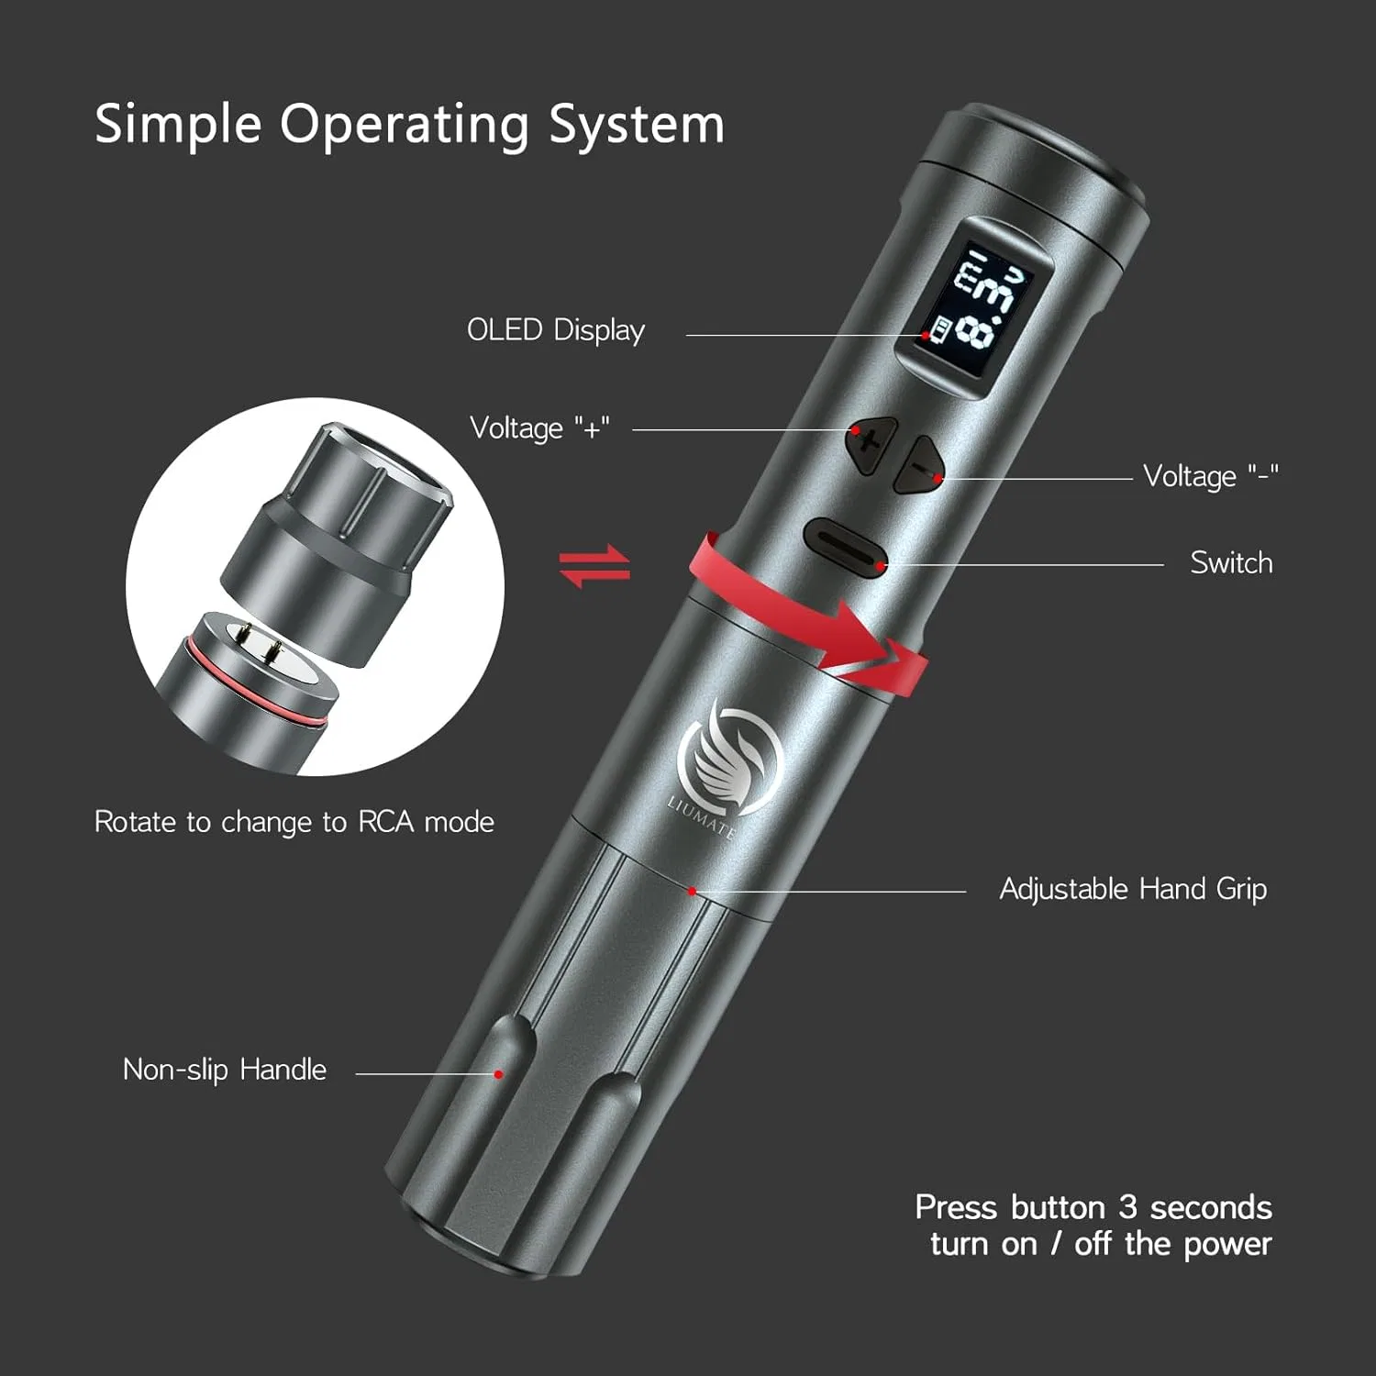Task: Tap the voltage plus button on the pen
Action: pyautogui.click(x=871, y=445)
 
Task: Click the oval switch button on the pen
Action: pyautogui.click(x=845, y=545)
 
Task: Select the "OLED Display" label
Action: pyautogui.click(x=556, y=330)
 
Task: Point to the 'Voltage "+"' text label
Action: pyautogui.click(x=539, y=428)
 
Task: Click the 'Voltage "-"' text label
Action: pyautogui.click(x=1210, y=476)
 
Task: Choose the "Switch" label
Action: pyautogui.click(x=1231, y=562)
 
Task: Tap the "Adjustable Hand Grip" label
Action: pyautogui.click(x=1133, y=889)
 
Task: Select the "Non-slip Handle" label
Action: pyautogui.click(x=225, y=1070)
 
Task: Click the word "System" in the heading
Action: pyautogui.click(x=637, y=125)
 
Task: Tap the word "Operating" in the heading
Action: pyautogui.click(x=405, y=125)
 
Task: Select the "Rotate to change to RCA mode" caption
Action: pyautogui.click(x=294, y=822)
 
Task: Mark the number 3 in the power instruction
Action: pyautogui.click(x=1127, y=1207)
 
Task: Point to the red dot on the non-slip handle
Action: pyautogui.click(x=499, y=1074)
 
